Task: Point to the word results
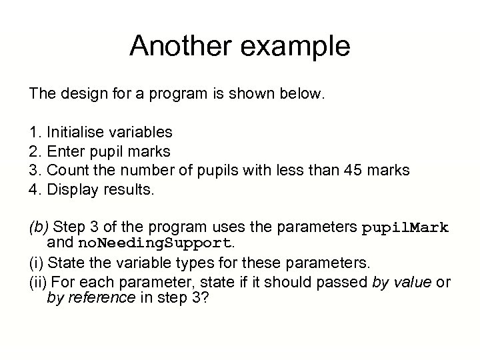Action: tap(131, 190)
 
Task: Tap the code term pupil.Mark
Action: tap(405, 228)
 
